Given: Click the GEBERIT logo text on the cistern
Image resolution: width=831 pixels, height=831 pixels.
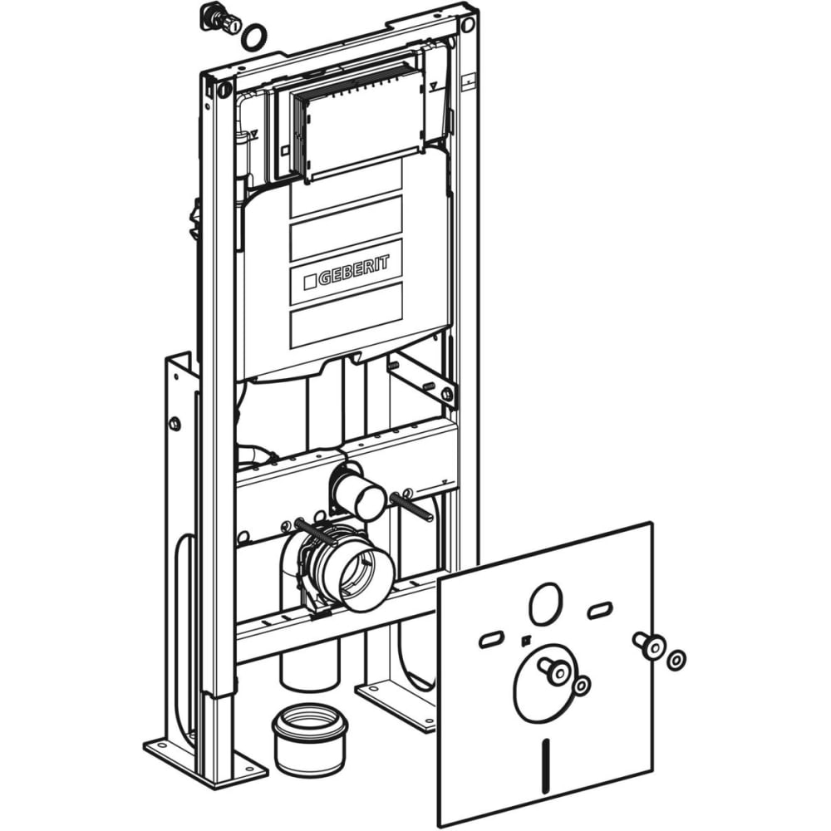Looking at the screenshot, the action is point(347,272).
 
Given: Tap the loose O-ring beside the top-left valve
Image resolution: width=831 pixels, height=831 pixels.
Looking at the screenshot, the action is point(253,37).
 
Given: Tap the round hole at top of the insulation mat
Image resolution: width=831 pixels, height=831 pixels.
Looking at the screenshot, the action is point(545,603).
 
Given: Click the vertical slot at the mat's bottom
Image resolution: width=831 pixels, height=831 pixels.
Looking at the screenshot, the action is point(547,761).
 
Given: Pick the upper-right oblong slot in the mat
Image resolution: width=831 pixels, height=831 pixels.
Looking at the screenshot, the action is point(600,610).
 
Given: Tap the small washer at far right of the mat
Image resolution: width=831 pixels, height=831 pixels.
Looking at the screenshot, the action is point(676,661).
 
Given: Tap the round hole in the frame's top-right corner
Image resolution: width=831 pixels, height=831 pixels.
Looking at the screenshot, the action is point(466,24).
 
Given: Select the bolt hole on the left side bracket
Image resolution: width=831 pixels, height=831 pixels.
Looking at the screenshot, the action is point(175,424).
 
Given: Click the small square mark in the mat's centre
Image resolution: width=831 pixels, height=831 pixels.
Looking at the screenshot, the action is point(524,641).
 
